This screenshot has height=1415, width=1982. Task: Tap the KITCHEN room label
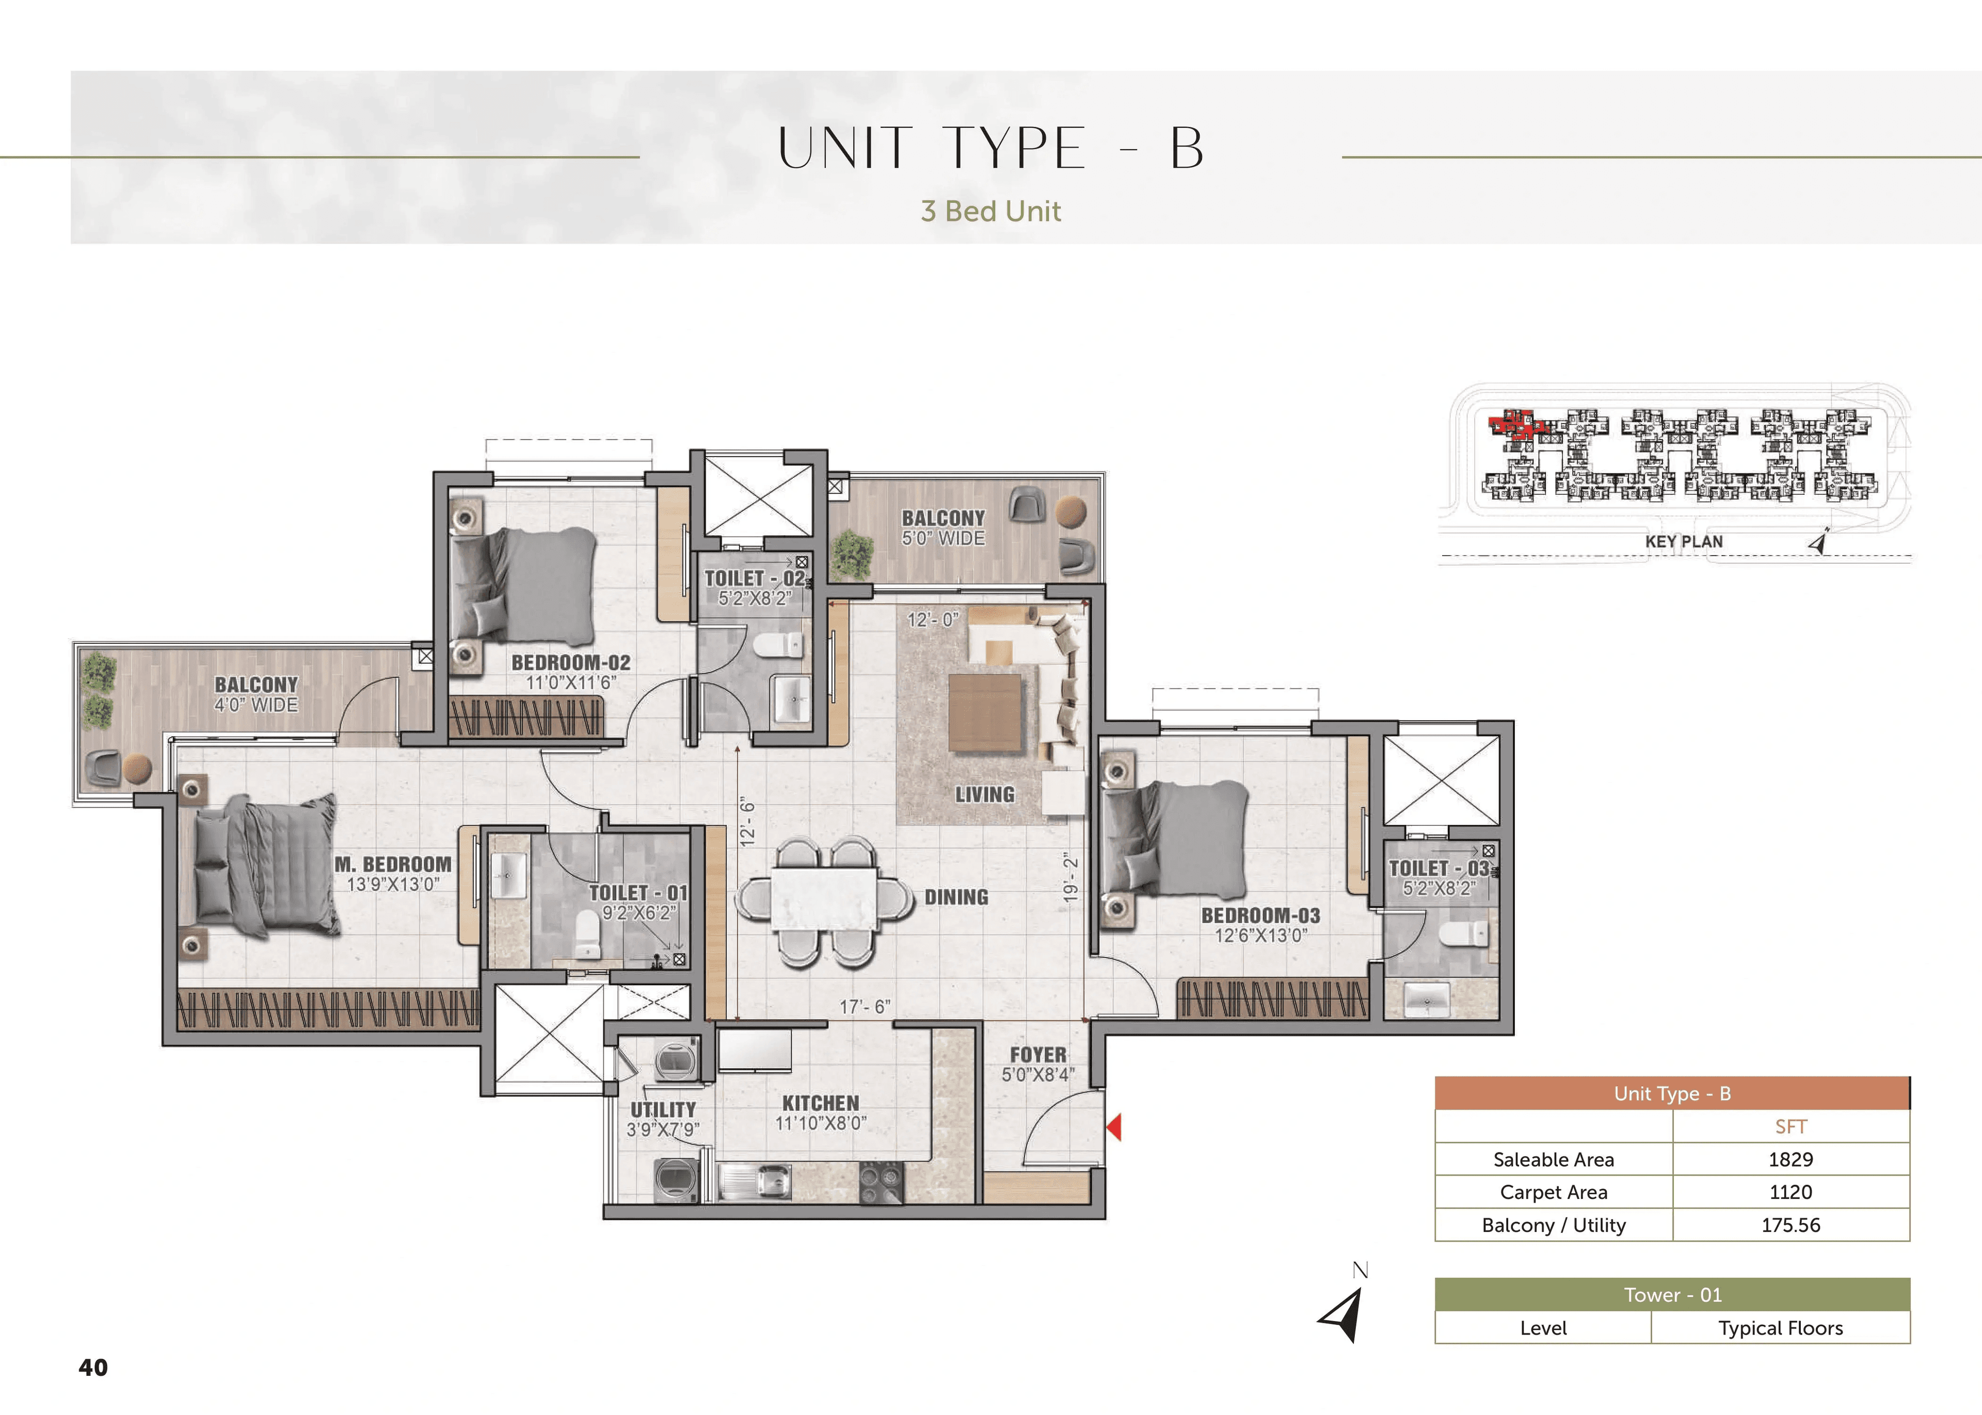coord(820,1103)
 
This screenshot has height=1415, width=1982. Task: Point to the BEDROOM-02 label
coord(571,662)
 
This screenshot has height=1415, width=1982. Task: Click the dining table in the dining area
coord(824,898)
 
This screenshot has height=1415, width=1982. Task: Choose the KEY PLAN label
coord(1683,541)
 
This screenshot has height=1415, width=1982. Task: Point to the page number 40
coord(93,1367)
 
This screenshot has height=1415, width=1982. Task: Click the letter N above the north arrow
coord(1360,1271)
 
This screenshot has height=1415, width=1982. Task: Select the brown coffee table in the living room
coord(985,713)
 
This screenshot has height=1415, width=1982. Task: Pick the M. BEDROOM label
coord(393,865)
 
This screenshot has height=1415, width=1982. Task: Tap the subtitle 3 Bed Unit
coord(991,211)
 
